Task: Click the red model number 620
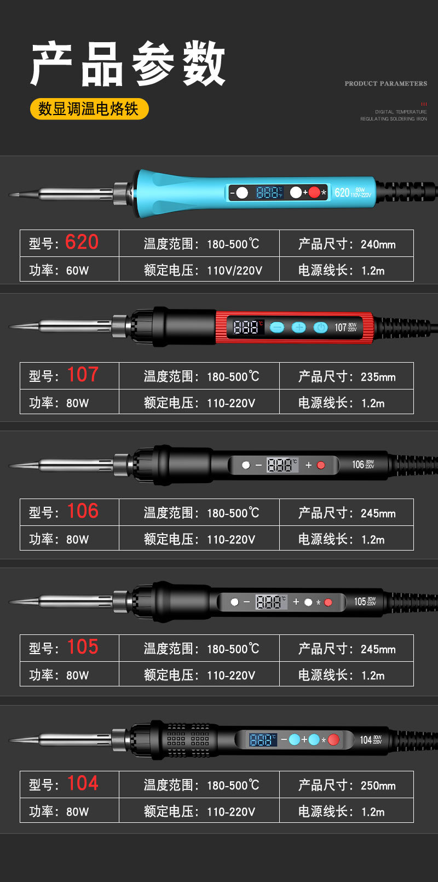click(82, 242)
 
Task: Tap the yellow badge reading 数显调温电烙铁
click(89, 108)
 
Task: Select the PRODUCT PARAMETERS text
click(385, 83)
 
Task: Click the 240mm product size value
click(378, 244)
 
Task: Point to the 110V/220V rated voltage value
click(234, 270)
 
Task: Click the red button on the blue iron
click(314, 192)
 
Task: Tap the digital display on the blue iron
click(269, 192)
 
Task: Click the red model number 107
click(83, 375)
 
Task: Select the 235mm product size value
click(378, 377)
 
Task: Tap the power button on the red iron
click(320, 328)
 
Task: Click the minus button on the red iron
click(277, 328)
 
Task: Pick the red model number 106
click(83, 511)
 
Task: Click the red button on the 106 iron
click(321, 465)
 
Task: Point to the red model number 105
click(83, 647)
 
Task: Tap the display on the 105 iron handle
click(270, 602)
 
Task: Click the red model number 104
click(83, 783)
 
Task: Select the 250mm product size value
click(378, 786)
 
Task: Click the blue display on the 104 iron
click(263, 740)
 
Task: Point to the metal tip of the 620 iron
click(25, 194)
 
